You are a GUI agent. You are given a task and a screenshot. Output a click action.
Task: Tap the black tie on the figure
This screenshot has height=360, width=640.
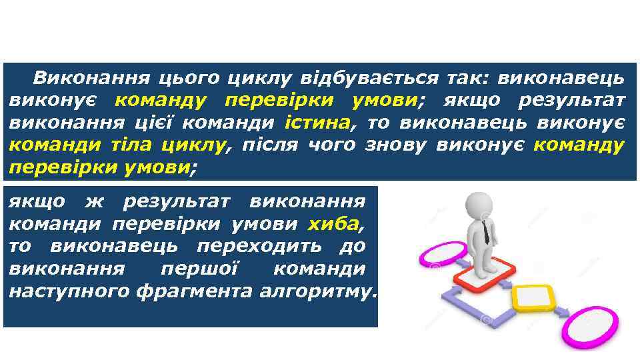click(486, 231)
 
